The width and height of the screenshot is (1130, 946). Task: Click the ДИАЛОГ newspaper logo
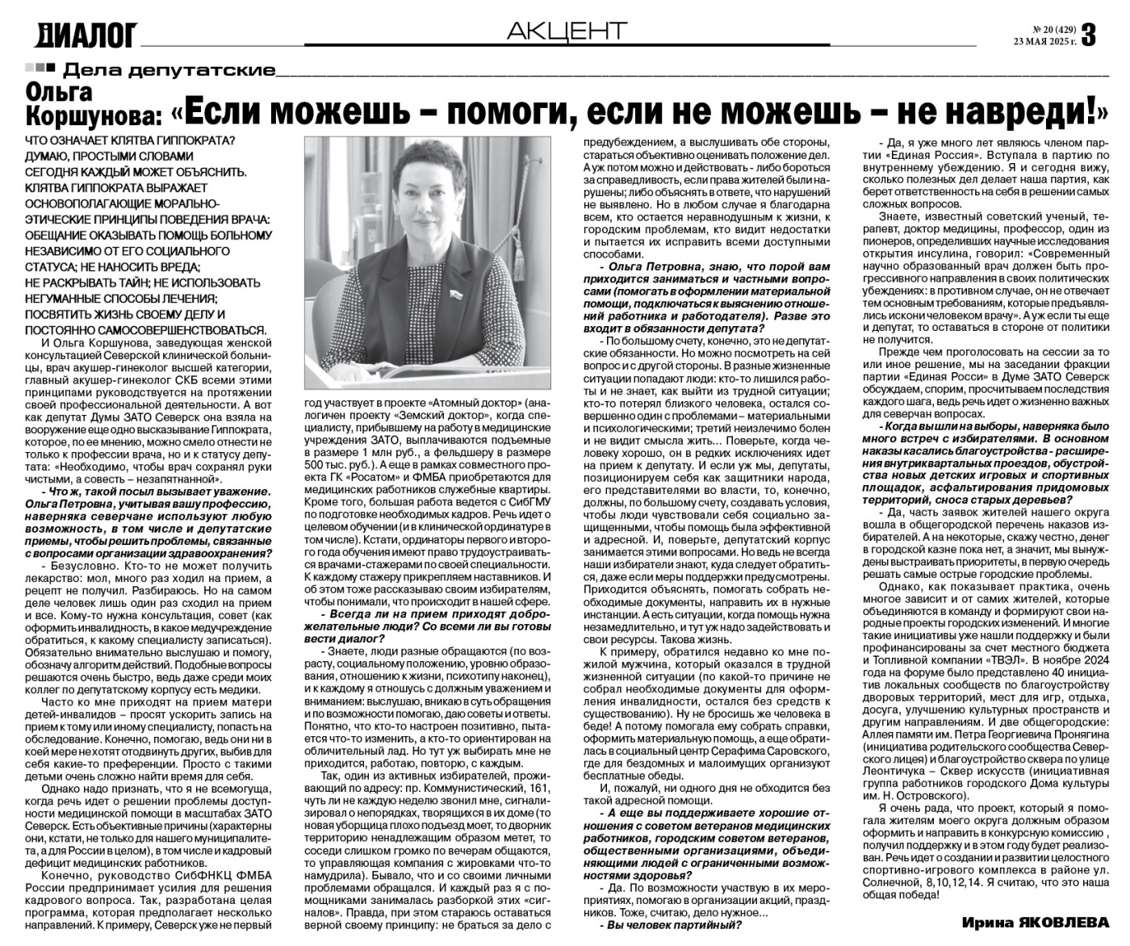[x=86, y=34]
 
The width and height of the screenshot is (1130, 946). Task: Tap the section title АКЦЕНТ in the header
[x=567, y=31]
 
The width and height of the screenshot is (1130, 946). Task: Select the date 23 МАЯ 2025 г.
[x=1045, y=42]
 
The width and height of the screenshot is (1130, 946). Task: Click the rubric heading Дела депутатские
[x=169, y=69]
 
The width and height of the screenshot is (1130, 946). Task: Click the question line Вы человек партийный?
[x=674, y=925]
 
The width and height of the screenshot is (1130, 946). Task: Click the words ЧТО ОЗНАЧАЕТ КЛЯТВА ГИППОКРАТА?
[x=130, y=141]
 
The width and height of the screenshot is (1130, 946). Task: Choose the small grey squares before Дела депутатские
[x=40, y=68]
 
